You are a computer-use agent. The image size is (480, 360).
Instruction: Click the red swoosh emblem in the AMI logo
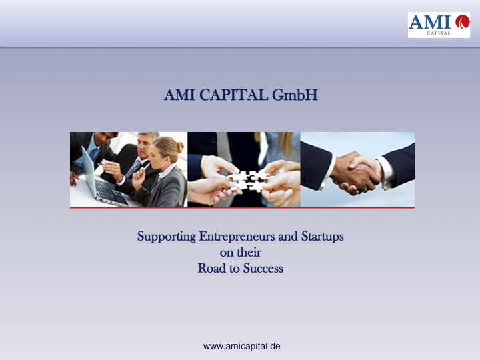point(462,22)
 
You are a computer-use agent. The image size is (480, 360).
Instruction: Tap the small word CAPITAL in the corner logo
point(439,33)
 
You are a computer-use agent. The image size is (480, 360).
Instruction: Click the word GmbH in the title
point(295,95)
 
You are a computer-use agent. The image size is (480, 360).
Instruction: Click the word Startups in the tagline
point(323,237)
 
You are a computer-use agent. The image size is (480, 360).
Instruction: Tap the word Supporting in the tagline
point(167,237)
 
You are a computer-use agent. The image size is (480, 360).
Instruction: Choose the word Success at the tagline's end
point(263,269)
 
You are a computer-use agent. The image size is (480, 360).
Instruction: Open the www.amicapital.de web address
point(241,347)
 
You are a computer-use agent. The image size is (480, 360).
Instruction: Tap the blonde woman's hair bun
point(180,147)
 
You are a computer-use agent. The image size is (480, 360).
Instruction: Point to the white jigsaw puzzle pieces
point(247,180)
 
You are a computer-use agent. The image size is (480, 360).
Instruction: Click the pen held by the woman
point(145,168)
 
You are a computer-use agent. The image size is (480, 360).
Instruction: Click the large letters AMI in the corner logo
point(429,22)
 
